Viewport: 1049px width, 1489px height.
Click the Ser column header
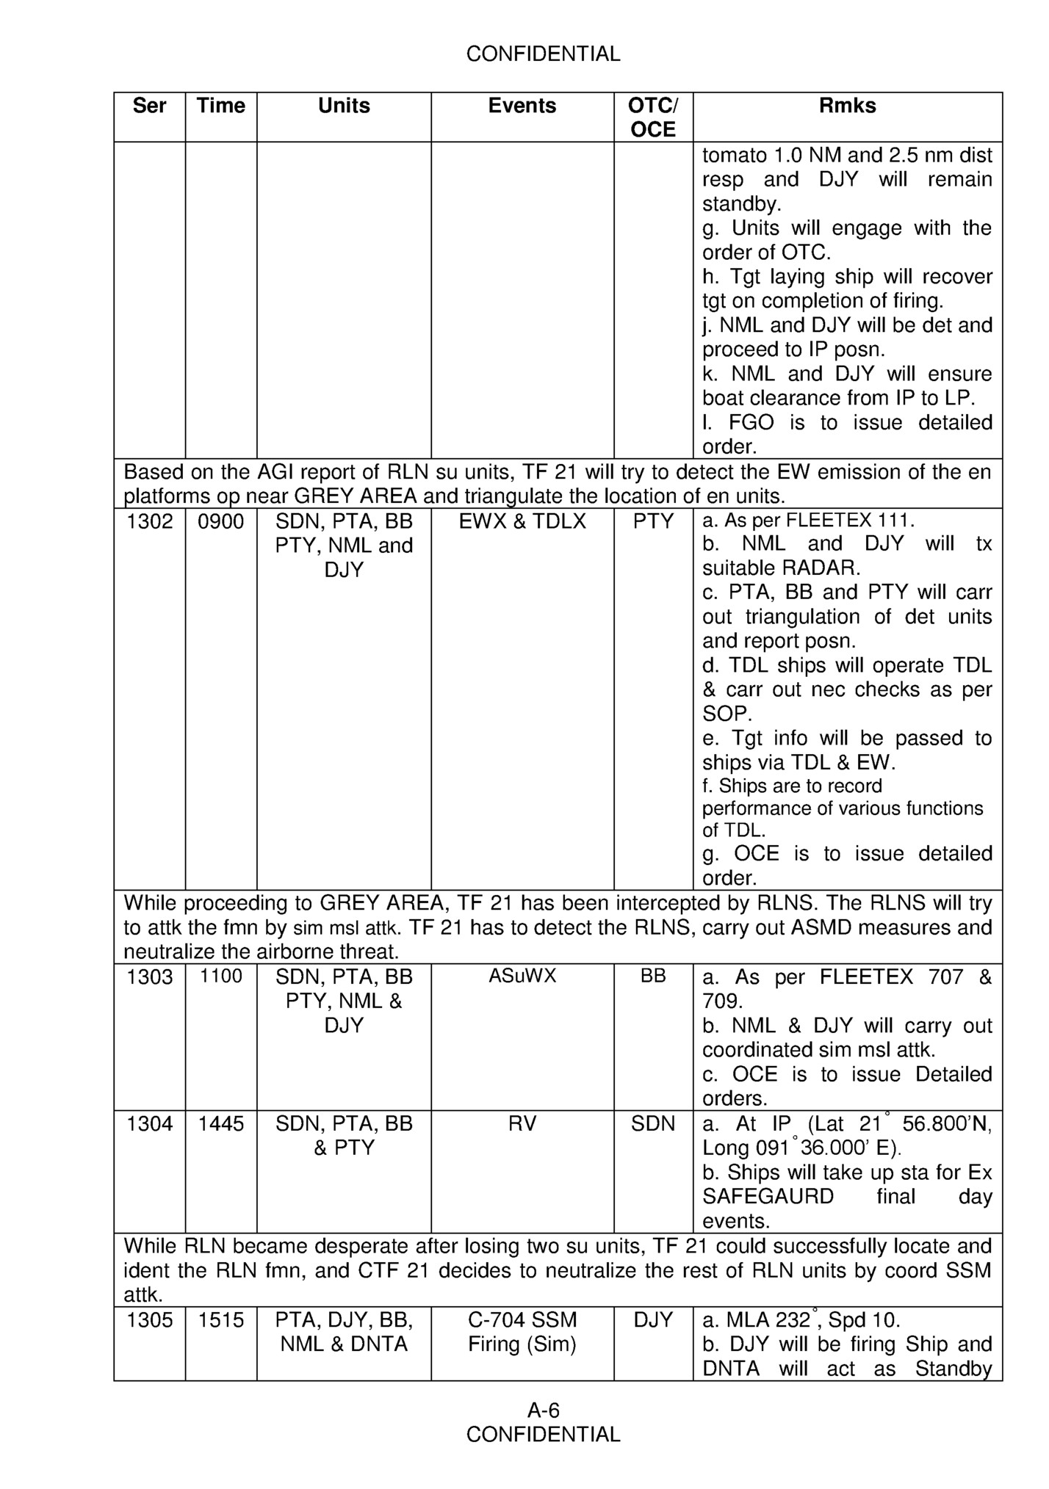(149, 106)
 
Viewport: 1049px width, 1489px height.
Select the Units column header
(344, 106)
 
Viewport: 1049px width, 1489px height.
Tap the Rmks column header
(847, 106)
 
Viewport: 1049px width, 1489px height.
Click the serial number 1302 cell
(150, 521)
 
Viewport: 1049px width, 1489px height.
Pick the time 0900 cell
(221, 521)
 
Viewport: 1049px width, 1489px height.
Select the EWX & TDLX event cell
(522, 521)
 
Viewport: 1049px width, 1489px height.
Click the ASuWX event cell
(522, 976)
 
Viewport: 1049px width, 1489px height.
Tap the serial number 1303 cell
(150, 977)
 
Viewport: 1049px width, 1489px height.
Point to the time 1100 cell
(221, 976)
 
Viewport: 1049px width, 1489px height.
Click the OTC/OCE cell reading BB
(653, 976)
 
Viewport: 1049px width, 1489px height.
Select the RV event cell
(522, 1124)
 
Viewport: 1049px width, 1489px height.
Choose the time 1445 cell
(221, 1124)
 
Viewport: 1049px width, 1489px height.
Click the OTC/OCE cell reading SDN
(653, 1124)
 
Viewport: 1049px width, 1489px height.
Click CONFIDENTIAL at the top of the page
(543, 54)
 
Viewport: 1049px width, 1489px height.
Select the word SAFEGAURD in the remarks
(768, 1197)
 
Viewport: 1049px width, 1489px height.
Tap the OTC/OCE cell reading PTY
(653, 521)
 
